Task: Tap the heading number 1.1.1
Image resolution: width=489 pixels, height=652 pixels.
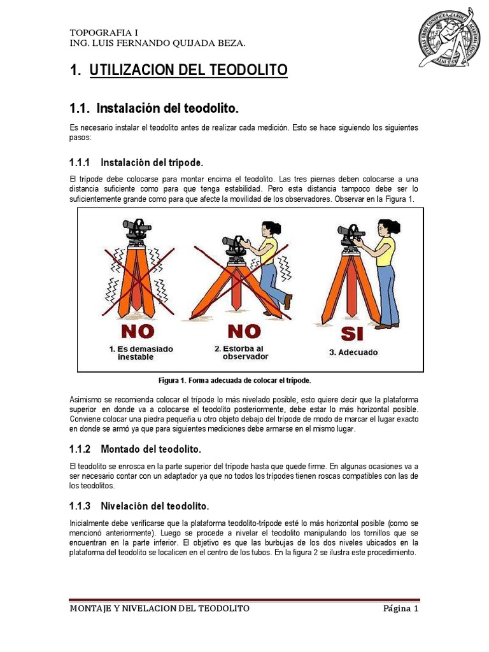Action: pyautogui.click(x=80, y=162)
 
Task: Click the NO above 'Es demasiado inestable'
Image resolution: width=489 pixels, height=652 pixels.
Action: pyautogui.click(x=138, y=331)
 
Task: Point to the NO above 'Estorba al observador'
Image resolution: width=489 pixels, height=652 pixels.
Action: pyautogui.click(x=244, y=331)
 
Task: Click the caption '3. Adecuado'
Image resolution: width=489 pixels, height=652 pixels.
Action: pyautogui.click(x=353, y=352)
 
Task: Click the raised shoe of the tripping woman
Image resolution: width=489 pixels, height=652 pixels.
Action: pyautogui.click(x=287, y=301)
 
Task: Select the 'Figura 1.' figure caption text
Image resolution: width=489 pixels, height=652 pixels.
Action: pyautogui.click(x=234, y=381)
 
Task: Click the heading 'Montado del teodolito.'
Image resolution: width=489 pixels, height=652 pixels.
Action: pyautogui.click(x=151, y=449)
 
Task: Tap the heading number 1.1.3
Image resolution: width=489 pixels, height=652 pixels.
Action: pyautogui.click(x=80, y=506)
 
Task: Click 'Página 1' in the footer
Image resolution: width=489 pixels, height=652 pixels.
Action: pyautogui.click(x=400, y=609)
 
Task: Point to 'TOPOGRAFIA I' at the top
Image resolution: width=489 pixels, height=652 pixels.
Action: pyautogui.click(x=104, y=32)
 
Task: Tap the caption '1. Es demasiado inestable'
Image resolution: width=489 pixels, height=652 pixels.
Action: pyautogui.click(x=141, y=353)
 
